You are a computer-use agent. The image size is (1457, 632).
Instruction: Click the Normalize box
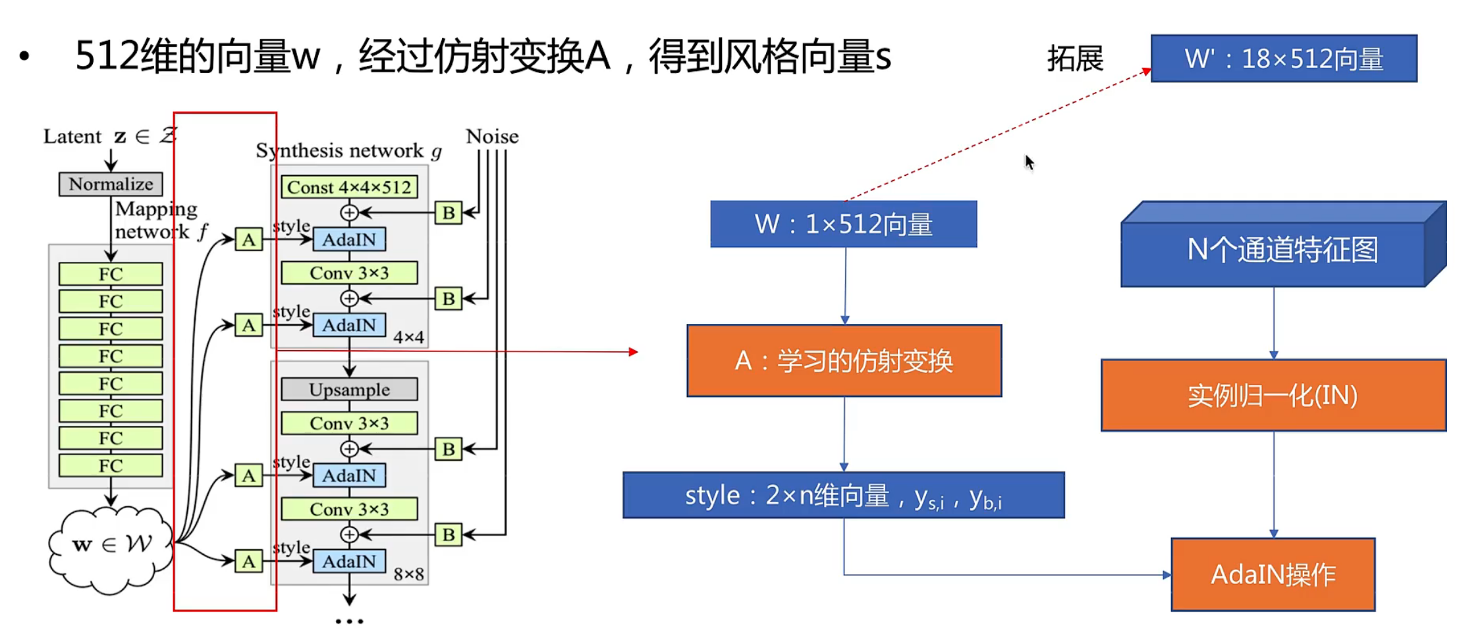(x=111, y=184)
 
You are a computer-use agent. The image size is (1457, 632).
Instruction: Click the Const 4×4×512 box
(x=349, y=188)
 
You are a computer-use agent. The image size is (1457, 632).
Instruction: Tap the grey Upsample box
(x=349, y=390)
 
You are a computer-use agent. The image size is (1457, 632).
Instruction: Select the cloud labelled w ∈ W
(x=111, y=546)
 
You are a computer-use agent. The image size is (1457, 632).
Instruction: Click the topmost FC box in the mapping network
(x=111, y=274)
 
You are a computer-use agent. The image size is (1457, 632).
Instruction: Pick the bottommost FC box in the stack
(x=111, y=465)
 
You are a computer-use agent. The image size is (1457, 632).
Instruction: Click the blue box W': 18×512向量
(x=1283, y=59)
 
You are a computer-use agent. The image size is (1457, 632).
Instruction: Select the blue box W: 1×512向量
(x=843, y=224)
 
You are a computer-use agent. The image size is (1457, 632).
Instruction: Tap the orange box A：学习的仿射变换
(x=844, y=361)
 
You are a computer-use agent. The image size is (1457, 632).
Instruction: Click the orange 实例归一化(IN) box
(x=1273, y=396)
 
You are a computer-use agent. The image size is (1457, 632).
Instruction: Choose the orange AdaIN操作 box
(x=1273, y=575)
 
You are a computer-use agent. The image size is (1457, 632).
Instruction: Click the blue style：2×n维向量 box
(x=843, y=496)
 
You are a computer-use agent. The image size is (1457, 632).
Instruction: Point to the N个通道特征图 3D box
(x=1281, y=250)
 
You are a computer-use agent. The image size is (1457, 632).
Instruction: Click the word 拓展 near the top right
(x=1075, y=59)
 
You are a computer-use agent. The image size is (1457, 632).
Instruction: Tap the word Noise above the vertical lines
(x=492, y=136)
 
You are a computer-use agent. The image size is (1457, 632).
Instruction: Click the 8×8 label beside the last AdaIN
(x=408, y=575)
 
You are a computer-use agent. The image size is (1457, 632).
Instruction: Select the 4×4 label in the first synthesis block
(x=408, y=338)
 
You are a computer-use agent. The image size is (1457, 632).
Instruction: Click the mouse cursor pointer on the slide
(x=1029, y=162)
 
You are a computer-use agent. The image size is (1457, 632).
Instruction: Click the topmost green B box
(x=449, y=213)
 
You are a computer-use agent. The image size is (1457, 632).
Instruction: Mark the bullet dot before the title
(x=24, y=57)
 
